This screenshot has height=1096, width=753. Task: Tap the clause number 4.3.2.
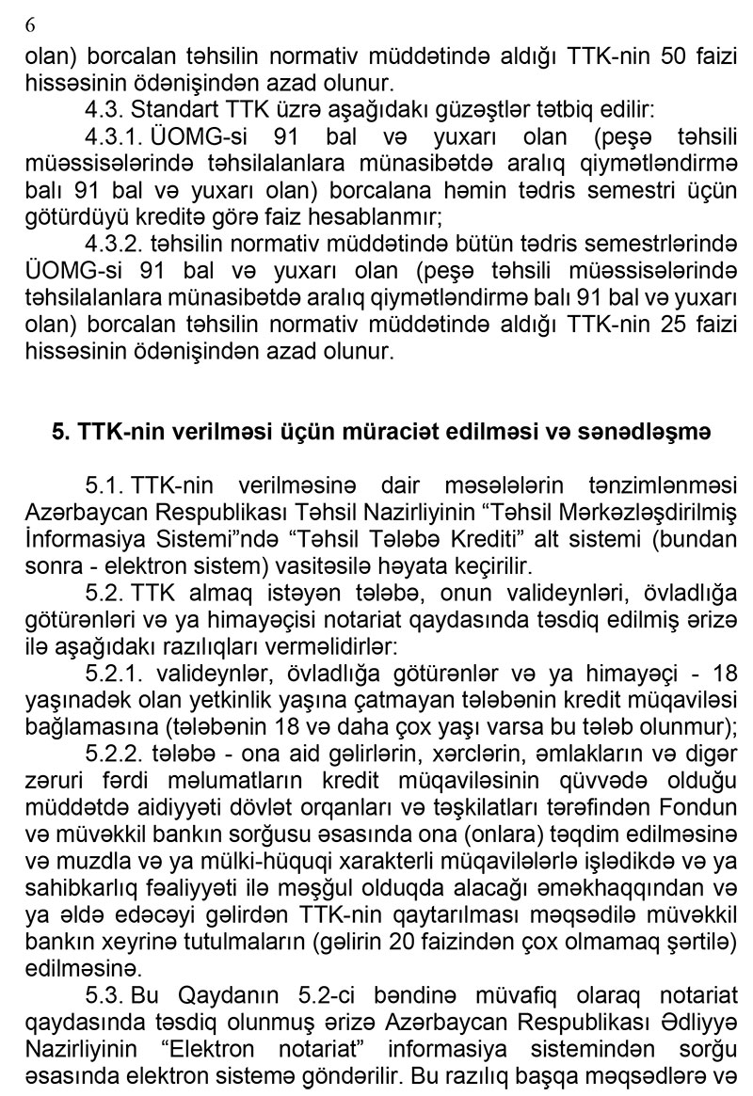[x=120, y=244]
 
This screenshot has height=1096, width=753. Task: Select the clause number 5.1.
[x=105, y=485]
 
